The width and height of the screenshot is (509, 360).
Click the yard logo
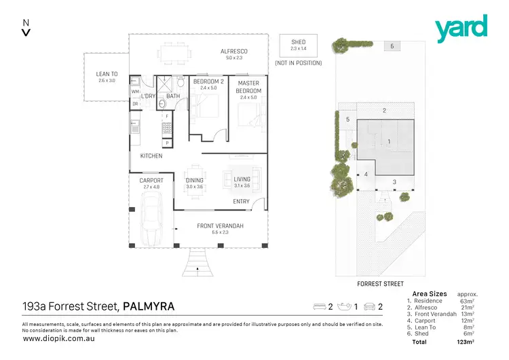[461, 26]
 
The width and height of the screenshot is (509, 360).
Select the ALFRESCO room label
[233, 52]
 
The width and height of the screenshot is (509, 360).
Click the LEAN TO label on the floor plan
[107, 74]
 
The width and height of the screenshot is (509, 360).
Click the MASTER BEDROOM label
[248, 87]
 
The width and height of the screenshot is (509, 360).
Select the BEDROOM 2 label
[206, 82]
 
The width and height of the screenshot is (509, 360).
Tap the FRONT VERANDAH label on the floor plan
[220, 226]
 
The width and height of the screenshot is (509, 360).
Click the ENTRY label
[241, 201]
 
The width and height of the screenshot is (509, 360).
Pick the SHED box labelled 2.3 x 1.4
[299, 46]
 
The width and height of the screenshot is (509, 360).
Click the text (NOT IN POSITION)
[298, 63]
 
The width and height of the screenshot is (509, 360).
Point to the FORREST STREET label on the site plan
[380, 284]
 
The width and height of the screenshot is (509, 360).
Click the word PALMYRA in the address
[148, 306]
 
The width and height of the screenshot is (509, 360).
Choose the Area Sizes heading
[429, 293]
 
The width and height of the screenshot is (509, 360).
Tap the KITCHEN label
[151, 156]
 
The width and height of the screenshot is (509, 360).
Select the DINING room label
[195, 180]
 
